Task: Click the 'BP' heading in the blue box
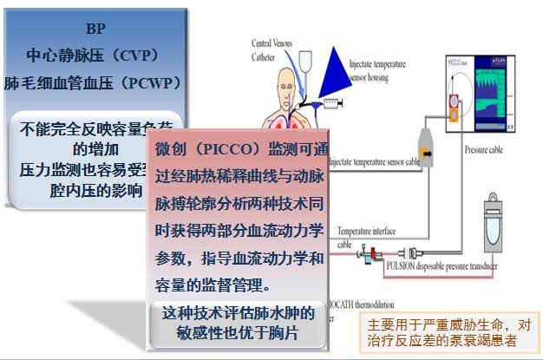[95, 27]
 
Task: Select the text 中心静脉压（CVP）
[94, 55]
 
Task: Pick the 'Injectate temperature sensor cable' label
[374, 162]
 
